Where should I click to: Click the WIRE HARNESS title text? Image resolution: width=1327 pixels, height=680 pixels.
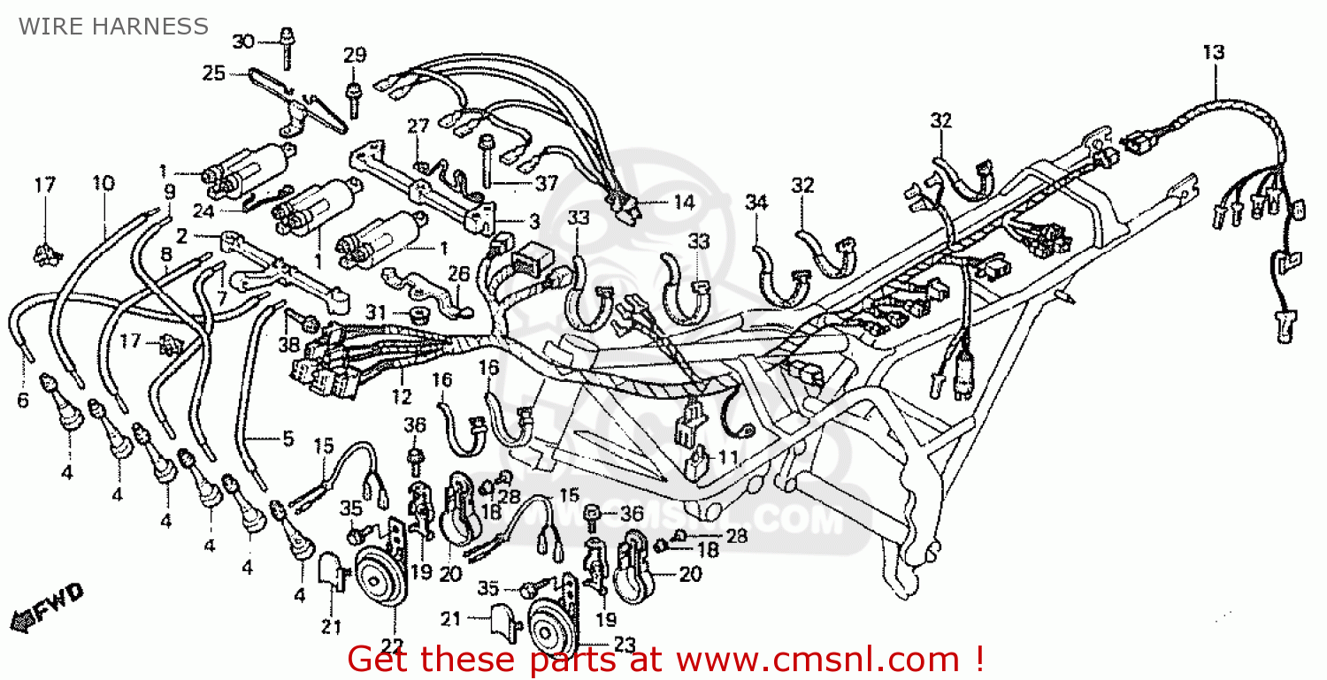click(x=114, y=27)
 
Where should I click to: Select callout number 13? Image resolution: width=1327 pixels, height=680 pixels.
click(x=1213, y=52)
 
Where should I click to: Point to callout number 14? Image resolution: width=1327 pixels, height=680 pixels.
click(x=683, y=202)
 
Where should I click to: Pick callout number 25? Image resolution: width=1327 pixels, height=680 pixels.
click(x=214, y=73)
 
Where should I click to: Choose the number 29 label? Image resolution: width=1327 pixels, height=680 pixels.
click(x=354, y=55)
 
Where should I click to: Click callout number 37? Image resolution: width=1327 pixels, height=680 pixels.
click(x=546, y=183)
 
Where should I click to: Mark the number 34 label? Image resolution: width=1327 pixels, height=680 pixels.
click(x=756, y=202)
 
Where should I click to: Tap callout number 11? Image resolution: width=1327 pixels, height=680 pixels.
click(x=727, y=457)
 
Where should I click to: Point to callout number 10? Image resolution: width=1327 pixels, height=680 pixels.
click(x=103, y=183)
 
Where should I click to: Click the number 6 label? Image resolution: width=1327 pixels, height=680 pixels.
click(x=22, y=401)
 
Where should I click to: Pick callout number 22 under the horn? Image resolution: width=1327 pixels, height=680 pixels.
click(x=392, y=646)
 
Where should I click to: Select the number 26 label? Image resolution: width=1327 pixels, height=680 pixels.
click(x=458, y=274)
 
